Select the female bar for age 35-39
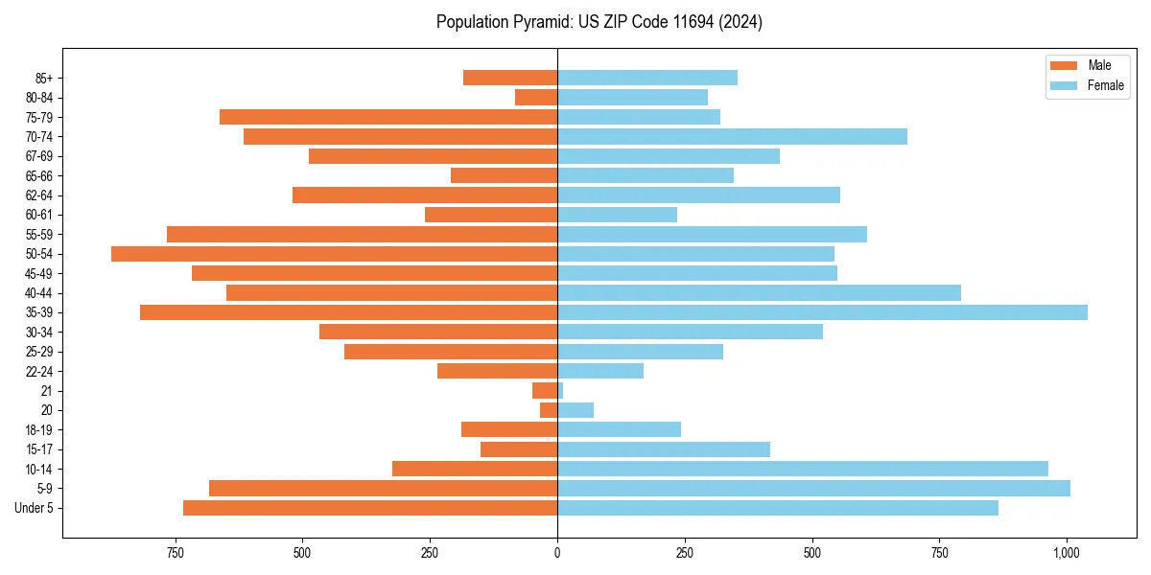822,312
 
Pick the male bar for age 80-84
536,98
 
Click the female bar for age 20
575,410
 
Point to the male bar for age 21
545,391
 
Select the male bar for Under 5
370,508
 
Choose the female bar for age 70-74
732,137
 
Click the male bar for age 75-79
388,117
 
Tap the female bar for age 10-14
803,469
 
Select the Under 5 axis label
34,508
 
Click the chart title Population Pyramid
599,22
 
